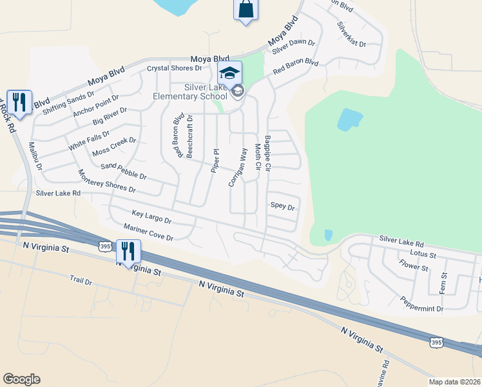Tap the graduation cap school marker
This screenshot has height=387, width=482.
[229, 72]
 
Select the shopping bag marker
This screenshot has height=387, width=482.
[246, 10]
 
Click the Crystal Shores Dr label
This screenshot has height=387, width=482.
[175, 68]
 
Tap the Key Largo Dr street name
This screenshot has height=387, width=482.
[151, 217]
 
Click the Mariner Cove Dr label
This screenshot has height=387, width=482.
[148, 233]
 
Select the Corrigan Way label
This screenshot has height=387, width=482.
[238, 168]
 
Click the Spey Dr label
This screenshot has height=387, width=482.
[282, 207]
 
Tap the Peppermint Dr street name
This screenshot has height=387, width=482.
[421, 304]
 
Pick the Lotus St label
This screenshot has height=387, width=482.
[423, 254]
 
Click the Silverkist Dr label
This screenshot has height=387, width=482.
[351, 35]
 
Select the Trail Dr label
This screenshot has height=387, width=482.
[81, 282]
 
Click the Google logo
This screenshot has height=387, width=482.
[21, 379]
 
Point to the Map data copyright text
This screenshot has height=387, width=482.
[454, 382]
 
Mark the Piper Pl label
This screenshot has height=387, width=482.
[215, 161]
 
